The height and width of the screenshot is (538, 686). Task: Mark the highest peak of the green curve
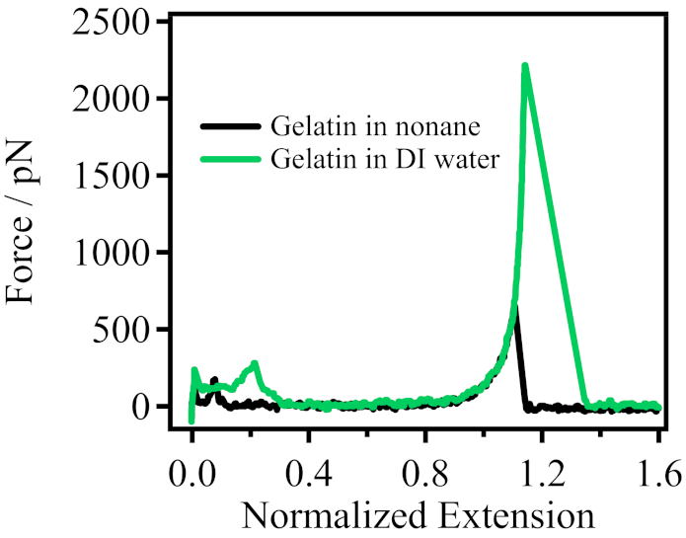525,66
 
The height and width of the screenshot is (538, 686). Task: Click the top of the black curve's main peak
514,305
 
